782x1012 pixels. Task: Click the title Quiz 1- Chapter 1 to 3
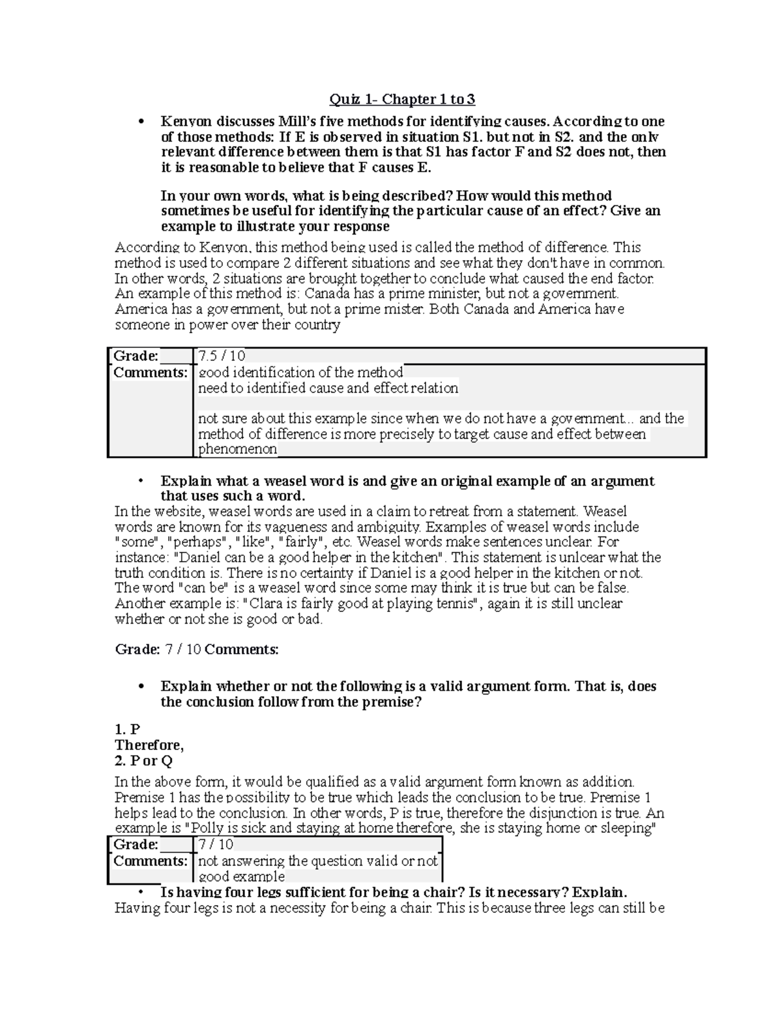coord(401,99)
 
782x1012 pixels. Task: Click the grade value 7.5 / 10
coord(222,356)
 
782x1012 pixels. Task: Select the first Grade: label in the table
coord(136,356)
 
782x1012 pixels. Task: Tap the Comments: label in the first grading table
coord(150,373)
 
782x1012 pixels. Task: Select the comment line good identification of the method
coord(300,373)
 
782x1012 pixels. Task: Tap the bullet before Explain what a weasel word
coord(140,482)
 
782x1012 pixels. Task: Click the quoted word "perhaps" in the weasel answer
coord(198,542)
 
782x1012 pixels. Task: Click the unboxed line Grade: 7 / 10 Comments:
coord(196,650)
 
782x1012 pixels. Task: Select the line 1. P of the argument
coord(128,729)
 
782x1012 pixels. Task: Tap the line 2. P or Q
coord(143,760)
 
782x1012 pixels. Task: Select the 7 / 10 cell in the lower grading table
coord(216,845)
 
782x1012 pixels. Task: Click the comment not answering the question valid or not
coord(317,861)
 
